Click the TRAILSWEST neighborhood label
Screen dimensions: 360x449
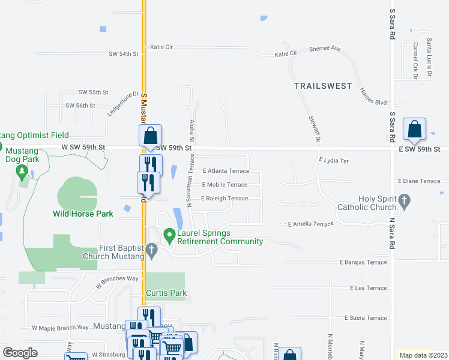324,86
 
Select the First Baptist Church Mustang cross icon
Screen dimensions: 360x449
152,250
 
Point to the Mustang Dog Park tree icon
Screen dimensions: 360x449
22,172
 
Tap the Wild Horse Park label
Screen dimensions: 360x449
83,214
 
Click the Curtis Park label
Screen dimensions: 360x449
166,293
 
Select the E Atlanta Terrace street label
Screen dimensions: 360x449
225,171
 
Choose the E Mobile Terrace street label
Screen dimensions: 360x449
224,185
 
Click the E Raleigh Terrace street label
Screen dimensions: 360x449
224,199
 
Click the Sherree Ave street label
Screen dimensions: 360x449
325,49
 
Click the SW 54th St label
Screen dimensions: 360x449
124,54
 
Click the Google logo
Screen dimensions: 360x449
20,353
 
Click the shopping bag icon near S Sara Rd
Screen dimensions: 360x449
414,129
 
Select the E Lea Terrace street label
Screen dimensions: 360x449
369,288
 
